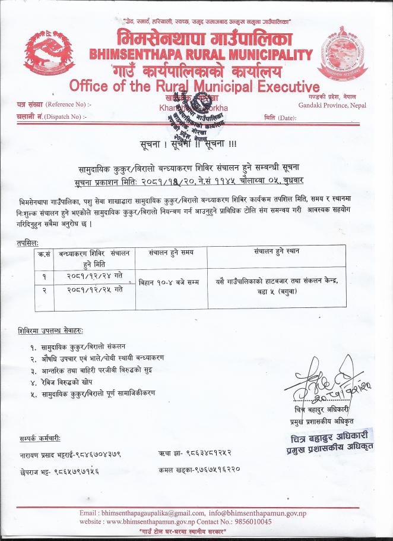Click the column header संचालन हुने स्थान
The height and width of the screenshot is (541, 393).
pyautogui.click(x=275, y=251)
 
